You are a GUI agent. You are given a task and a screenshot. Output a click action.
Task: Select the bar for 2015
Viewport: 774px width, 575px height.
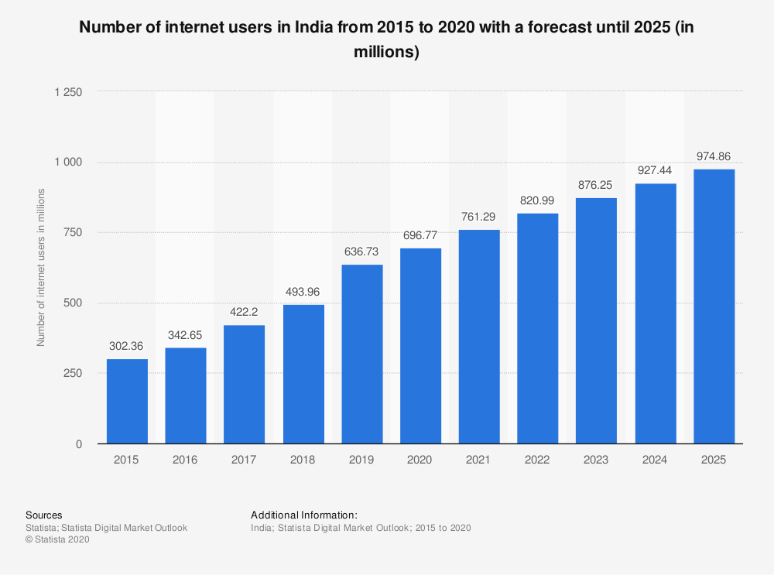(128, 402)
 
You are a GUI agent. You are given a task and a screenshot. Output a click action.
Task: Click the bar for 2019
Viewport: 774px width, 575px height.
(362, 354)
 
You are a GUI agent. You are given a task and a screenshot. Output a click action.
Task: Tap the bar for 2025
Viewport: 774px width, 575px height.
(714, 306)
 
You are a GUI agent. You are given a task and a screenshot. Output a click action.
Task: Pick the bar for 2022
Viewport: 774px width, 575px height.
(538, 328)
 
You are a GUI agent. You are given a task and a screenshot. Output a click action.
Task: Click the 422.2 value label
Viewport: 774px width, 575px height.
(244, 312)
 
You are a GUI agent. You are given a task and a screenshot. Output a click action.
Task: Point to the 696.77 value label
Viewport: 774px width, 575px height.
(420, 235)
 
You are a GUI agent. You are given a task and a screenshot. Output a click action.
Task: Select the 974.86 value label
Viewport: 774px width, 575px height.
(714, 156)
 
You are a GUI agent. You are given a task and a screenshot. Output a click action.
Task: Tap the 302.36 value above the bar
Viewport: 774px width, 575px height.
(126, 346)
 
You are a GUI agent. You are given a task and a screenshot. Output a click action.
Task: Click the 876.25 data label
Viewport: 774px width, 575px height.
(595, 185)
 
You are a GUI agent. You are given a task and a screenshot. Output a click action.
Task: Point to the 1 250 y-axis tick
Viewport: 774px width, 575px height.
(68, 92)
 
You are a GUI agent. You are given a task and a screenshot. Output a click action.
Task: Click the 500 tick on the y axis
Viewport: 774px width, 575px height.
(73, 303)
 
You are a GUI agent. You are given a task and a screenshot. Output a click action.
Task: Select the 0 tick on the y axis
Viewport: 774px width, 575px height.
(79, 444)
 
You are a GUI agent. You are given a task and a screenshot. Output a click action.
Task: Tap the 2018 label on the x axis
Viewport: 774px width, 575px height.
(303, 460)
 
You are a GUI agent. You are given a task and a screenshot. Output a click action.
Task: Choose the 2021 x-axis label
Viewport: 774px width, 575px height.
(478, 460)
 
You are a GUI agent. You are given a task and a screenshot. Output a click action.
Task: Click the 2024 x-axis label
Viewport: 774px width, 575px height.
(655, 460)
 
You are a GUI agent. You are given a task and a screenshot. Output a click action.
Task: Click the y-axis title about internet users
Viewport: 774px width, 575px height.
(41, 267)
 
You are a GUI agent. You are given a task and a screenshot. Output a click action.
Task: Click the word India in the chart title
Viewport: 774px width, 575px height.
(313, 26)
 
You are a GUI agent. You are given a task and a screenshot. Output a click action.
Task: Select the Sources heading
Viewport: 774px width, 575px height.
(44, 515)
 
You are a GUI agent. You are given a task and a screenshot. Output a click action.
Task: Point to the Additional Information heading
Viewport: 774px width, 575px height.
(304, 515)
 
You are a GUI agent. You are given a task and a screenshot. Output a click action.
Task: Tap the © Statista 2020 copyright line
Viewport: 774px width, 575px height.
(57, 539)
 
